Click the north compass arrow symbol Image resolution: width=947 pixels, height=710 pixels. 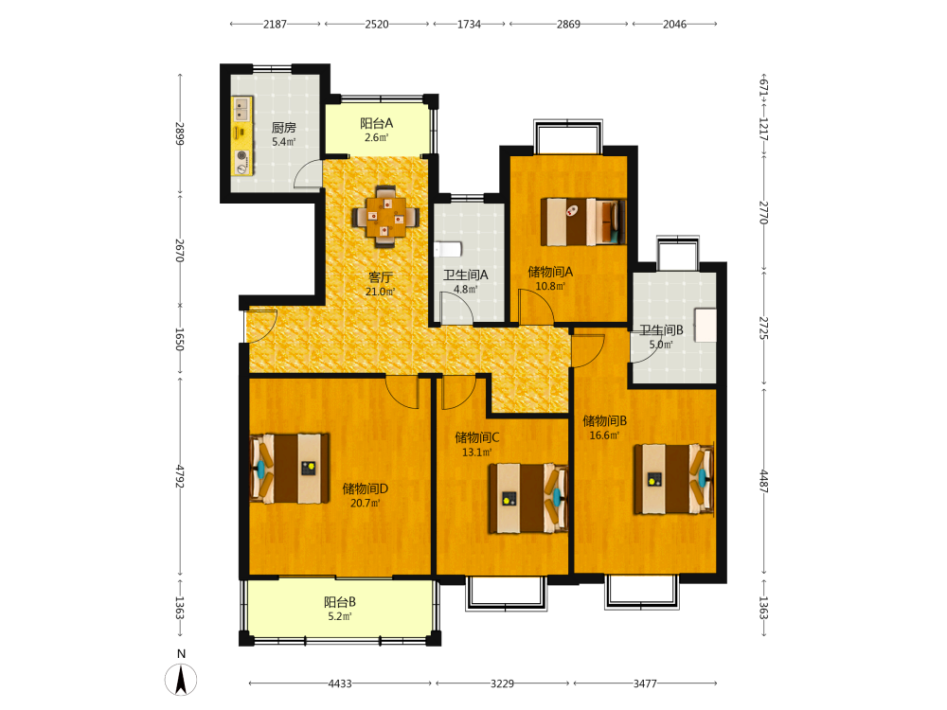coord(181,680)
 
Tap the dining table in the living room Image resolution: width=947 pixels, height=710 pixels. coord(386,216)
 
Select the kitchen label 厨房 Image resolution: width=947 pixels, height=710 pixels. coord(283,128)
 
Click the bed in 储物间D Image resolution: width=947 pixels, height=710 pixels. coord(290,468)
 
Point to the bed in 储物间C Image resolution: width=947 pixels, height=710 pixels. coord(528,498)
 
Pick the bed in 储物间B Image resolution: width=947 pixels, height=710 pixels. coord(673,479)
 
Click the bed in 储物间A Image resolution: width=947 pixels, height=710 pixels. coord(582,222)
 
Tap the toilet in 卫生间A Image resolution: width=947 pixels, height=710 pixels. coord(448,249)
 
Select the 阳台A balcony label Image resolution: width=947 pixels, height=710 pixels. coord(376,123)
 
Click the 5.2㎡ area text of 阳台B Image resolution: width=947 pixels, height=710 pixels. coord(339,616)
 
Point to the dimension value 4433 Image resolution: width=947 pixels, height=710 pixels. coord(340,683)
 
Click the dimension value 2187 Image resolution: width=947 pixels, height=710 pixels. coord(275,25)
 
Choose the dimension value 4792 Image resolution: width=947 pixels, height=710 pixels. coord(179,476)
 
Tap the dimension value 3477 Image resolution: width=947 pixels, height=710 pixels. coord(645,683)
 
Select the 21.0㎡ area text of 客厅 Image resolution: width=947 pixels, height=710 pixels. coord(380,292)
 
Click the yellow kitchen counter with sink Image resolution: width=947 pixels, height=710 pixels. coord(242,135)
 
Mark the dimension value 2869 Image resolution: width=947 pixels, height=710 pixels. coord(568,25)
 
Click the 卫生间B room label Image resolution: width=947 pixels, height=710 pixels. coord(661,330)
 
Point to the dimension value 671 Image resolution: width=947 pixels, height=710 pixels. coord(763,86)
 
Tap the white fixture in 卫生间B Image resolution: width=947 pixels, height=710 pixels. coord(705,326)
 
